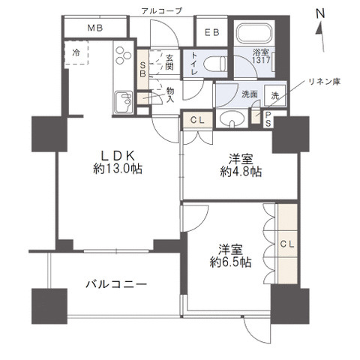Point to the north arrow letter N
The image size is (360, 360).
[320, 13]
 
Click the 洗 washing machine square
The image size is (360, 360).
[274, 95]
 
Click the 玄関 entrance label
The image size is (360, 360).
[170, 61]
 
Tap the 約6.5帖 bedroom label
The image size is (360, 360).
[230, 256]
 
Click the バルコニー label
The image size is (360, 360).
[115, 284]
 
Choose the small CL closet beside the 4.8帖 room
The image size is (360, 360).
[196, 118]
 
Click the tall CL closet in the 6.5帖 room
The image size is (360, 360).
[286, 244]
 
